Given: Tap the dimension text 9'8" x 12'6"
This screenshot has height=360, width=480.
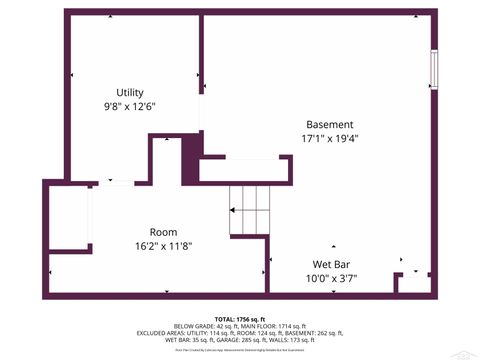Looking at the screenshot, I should point(129,106).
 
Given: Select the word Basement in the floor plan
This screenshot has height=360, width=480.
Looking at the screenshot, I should point(329,125).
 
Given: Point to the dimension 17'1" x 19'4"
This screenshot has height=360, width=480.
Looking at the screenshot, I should point(329,139).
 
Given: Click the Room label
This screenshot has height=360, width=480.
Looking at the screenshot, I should point(163,231).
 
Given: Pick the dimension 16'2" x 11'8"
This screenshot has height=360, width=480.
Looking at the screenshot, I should point(163,245).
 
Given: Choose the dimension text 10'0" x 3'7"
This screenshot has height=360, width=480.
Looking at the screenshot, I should point(321,279).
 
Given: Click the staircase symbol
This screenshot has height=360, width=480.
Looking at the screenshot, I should point(250,211).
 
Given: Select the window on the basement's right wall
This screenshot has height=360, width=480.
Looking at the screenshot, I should point(433,70).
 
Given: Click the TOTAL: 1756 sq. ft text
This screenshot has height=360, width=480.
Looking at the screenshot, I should point(239,317).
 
